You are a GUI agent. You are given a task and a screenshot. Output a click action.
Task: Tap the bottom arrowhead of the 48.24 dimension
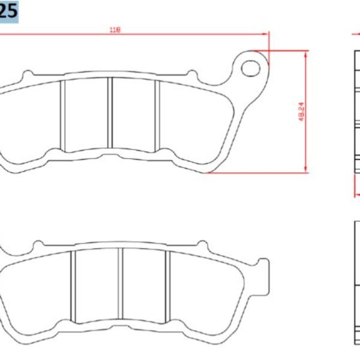[x=307, y=170]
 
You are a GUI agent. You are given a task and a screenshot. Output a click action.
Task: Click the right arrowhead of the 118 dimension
[x=266, y=35]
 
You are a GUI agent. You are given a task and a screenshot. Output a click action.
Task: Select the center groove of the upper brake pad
[x=110, y=113]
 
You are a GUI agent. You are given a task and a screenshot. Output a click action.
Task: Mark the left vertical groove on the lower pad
[x=73, y=287]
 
